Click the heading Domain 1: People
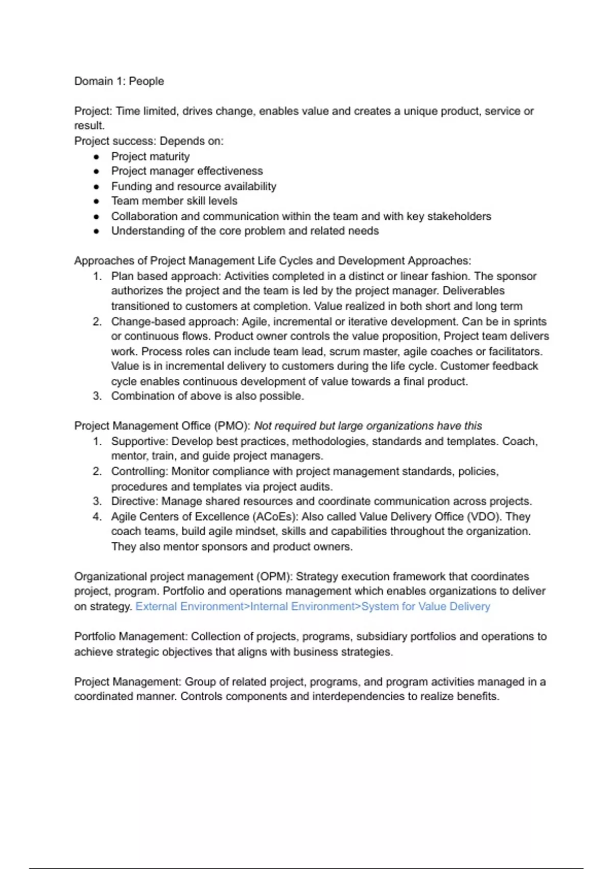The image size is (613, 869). (x=119, y=81)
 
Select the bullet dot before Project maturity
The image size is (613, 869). (x=97, y=157)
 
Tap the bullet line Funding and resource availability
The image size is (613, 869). (x=194, y=187)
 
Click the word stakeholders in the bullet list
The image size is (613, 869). (x=459, y=216)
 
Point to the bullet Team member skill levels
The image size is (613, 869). (x=174, y=201)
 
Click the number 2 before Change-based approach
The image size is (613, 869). (x=97, y=322)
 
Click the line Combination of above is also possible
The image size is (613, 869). (x=207, y=396)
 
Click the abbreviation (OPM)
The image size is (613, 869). (x=274, y=577)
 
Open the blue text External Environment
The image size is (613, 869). (x=190, y=607)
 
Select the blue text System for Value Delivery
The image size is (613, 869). (x=426, y=607)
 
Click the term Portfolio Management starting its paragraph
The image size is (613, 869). (x=130, y=637)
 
